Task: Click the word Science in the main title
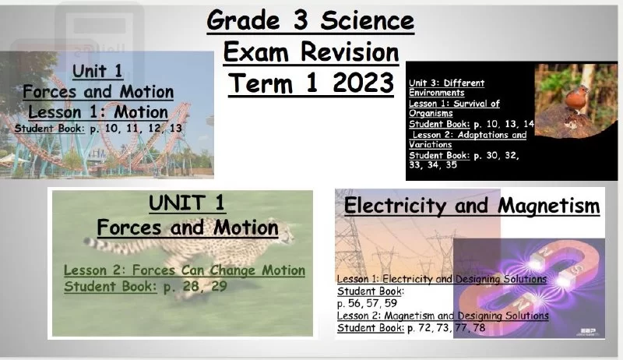coord(367,21)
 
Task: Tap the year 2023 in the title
coord(363,83)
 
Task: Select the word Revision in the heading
coord(350,52)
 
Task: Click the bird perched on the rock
coord(576,98)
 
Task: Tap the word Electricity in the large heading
coord(396,206)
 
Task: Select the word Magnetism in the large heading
coord(549,206)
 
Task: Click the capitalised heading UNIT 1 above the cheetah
coord(187,203)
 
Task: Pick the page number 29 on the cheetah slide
coord(219,286)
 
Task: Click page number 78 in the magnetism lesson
coord(479,327)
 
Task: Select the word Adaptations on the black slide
coord(483,135)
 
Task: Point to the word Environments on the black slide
coord(437,93)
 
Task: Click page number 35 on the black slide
coord(451,164)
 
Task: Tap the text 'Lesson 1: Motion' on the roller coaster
coord(98,112)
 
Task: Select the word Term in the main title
coord(262,83)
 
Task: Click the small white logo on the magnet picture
coord(588,332)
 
